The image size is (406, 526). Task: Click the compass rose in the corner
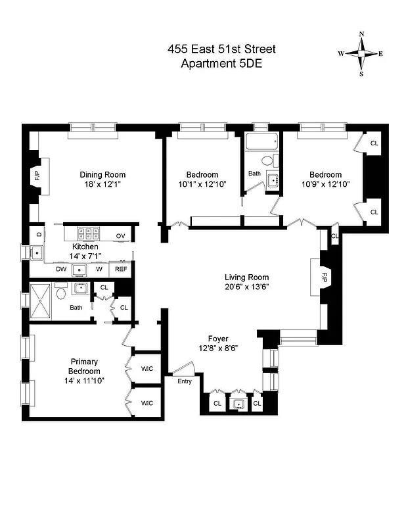click(361, 54)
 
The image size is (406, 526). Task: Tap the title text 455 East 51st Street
click(221, 49)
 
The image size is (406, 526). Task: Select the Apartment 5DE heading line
click(221, 63)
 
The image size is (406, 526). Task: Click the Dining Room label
click(102, 174)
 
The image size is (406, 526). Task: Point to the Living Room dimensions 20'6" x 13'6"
click(246, 286)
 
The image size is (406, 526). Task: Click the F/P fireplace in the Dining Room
click(37, 176)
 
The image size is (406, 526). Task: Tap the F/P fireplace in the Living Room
click(323, 277)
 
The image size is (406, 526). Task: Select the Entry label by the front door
click(184, 381)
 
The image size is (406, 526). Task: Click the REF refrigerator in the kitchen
click(121, 269)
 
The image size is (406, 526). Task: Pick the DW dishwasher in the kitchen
click(60, 269)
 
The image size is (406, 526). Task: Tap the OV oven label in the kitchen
click(121, 235)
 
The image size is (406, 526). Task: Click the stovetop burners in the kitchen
click(87, 232)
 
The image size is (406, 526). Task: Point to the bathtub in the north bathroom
click(261, 143)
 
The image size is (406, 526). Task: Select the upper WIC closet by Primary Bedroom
click(147, 368)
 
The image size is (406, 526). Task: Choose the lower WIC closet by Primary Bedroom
click(147, 402)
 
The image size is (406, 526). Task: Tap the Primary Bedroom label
click(84, 366)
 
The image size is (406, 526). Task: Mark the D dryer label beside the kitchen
click(39, 233)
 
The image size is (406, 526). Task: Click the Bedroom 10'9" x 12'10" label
click(326, 179)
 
